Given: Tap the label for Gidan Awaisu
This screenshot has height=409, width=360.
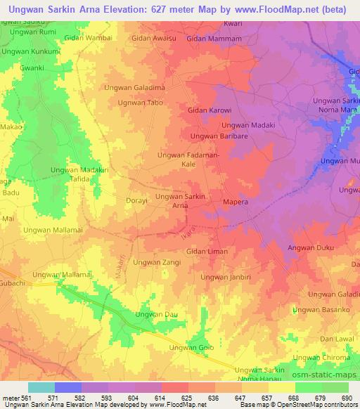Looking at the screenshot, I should point(153,39).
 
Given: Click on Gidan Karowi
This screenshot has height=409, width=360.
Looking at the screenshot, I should point(210,110).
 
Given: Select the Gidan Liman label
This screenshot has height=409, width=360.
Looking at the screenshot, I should point(206,252).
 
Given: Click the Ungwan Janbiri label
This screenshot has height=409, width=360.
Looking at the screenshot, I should point(225,277).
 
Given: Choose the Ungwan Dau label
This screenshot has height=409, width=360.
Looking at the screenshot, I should point(157,315).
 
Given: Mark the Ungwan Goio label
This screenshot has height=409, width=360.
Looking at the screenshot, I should point(191,348).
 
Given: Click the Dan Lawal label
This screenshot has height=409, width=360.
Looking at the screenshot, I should point(335,339).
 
